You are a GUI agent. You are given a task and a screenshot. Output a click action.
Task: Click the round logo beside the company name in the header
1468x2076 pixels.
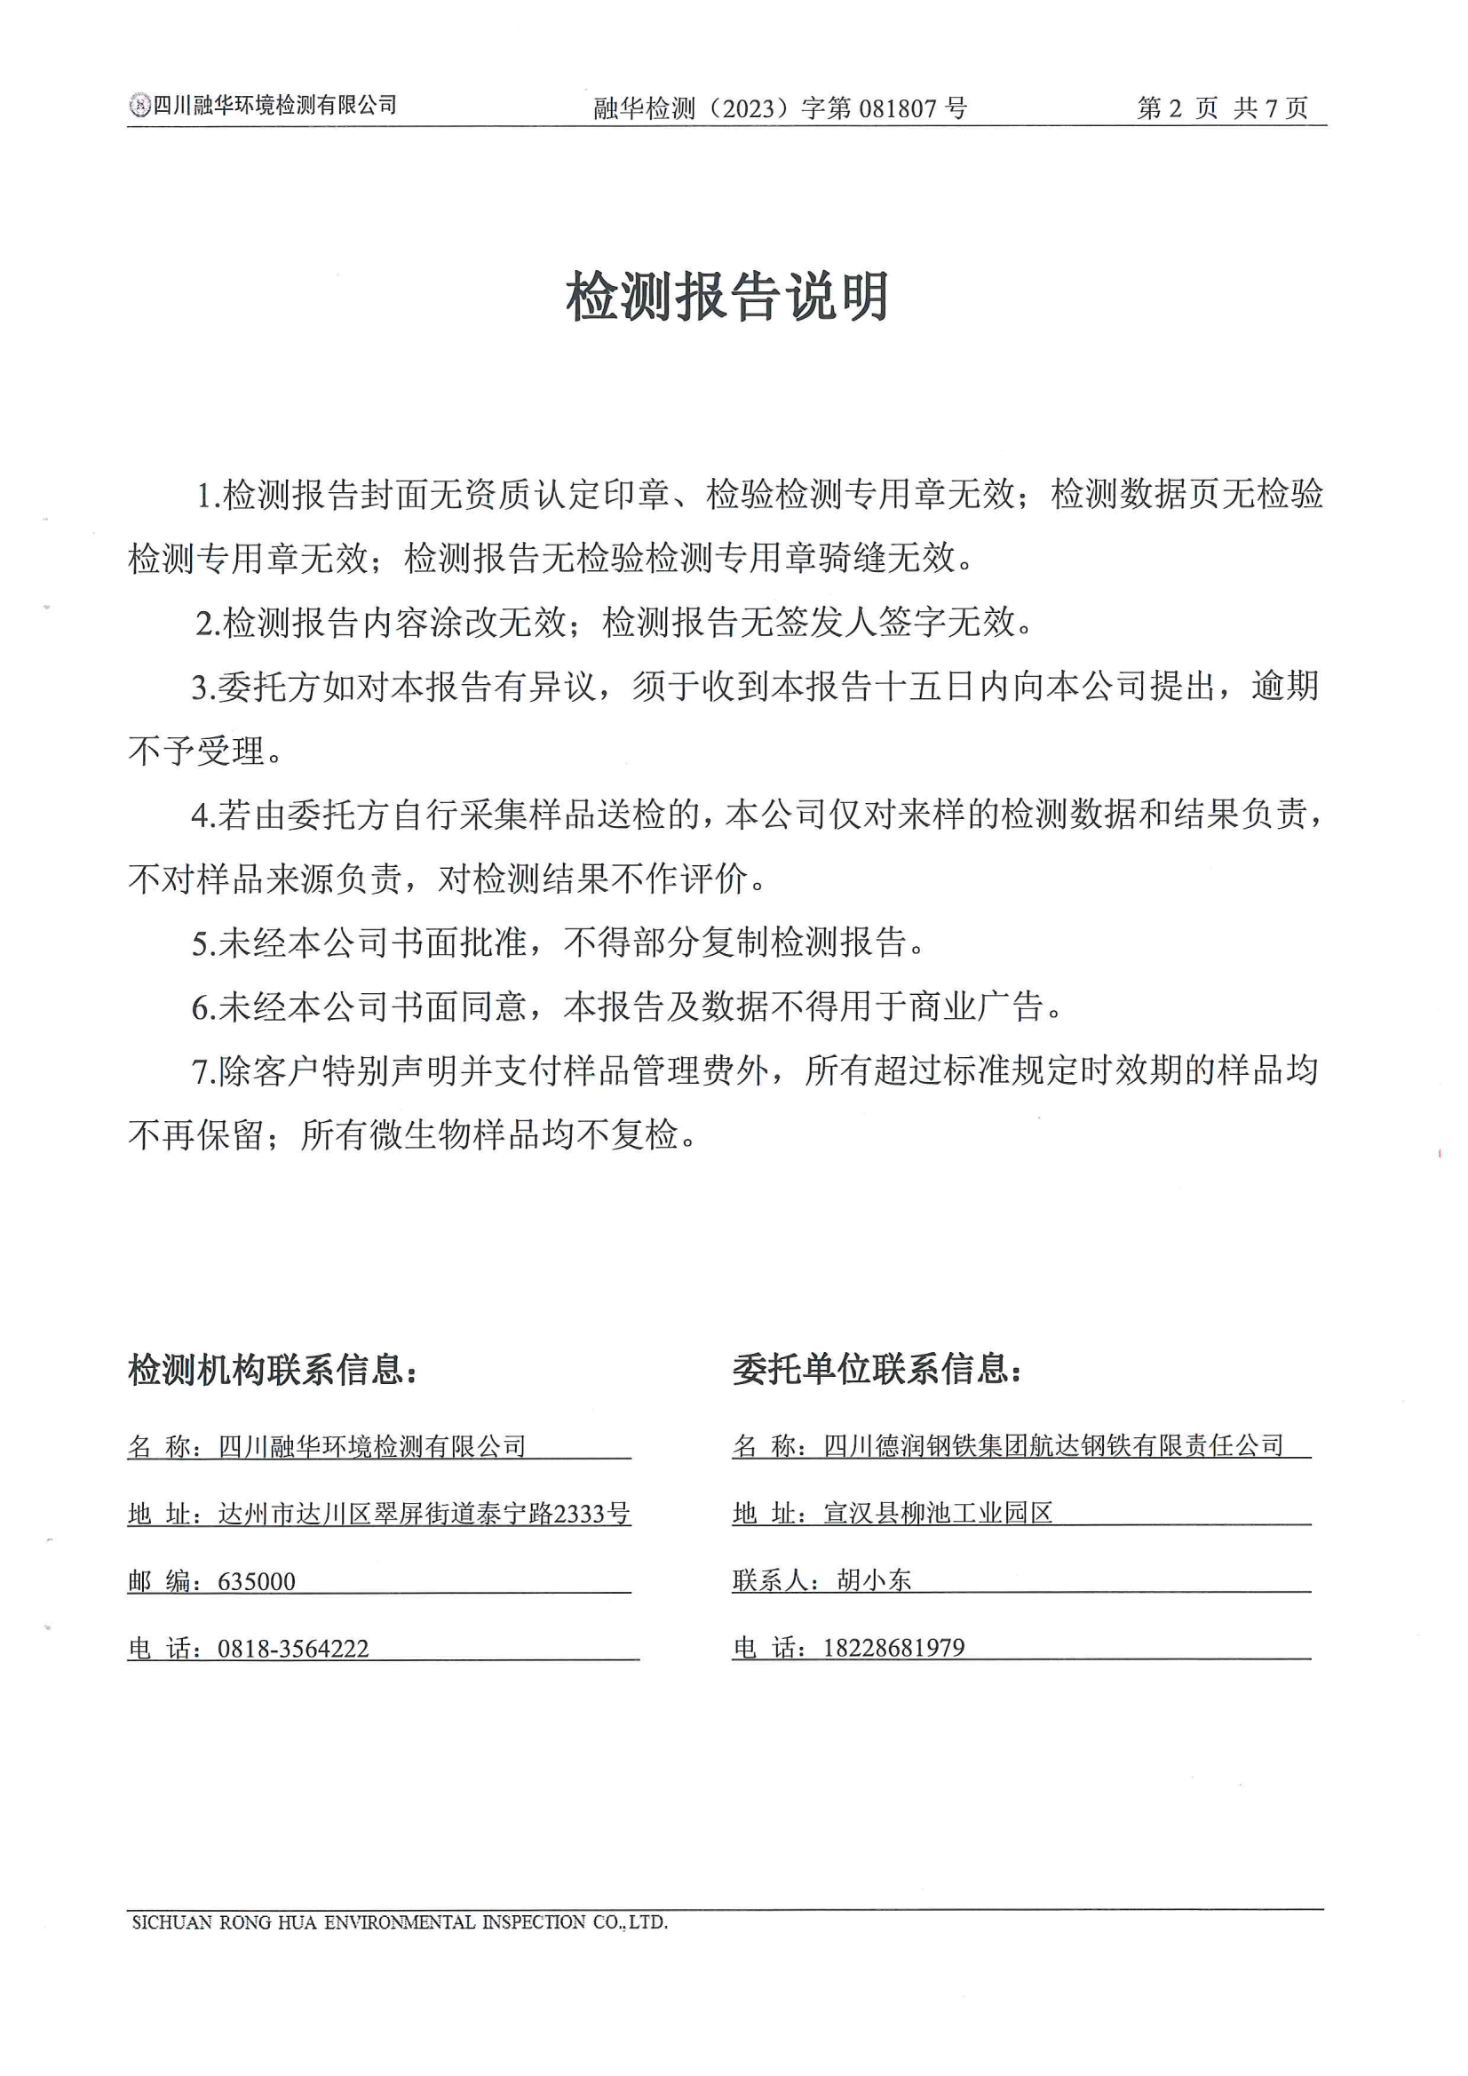[139, 106]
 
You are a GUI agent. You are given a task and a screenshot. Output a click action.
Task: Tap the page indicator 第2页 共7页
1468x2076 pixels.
[1222, 109]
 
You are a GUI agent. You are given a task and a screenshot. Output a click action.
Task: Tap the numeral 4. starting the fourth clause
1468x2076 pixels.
[203, 815]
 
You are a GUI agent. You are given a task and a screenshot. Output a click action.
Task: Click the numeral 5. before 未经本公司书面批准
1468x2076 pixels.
[203, 943]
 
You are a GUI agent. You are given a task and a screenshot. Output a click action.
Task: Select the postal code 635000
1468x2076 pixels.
[257, 1581]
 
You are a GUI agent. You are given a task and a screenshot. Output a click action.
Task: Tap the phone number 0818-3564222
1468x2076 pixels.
[293, 1649]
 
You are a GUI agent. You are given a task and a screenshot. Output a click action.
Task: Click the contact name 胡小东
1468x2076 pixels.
[874, 1580]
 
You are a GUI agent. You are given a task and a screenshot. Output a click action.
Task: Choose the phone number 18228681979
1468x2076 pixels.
[893, 1648]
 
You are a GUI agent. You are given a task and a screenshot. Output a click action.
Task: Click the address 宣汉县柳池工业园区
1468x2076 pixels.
[938, 1514]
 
